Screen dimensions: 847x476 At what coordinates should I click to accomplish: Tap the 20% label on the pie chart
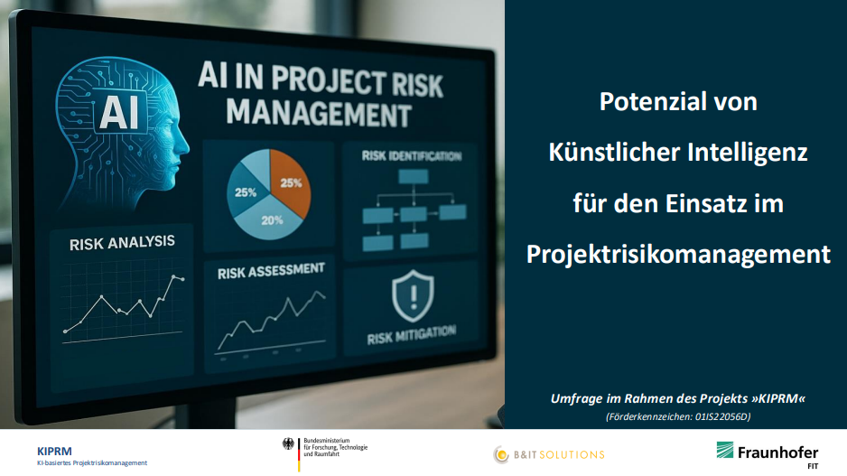pos(272,220)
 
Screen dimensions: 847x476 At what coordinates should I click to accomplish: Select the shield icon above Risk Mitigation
pos(413,295)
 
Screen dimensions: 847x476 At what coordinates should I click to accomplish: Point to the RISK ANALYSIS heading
pos(122,243)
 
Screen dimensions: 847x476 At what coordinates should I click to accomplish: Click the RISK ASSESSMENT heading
pos(271,271)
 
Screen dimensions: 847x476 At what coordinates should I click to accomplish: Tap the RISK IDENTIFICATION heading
pos(412,156)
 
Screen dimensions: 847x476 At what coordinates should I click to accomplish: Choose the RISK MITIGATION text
pos(412,335)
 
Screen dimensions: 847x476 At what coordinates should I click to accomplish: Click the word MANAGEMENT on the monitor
pos(319,113)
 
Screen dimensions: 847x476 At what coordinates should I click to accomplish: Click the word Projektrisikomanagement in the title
pos(678,255)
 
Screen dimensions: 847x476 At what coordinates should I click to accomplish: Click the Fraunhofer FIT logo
pos(768,454)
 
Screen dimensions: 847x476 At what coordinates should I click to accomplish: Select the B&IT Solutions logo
pos(549,454)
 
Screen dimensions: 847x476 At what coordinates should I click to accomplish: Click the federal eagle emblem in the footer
pos(288,444)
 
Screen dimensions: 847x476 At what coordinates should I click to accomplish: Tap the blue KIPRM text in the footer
pos(54,451)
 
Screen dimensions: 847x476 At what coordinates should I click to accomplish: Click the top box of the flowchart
pos(414,177)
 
